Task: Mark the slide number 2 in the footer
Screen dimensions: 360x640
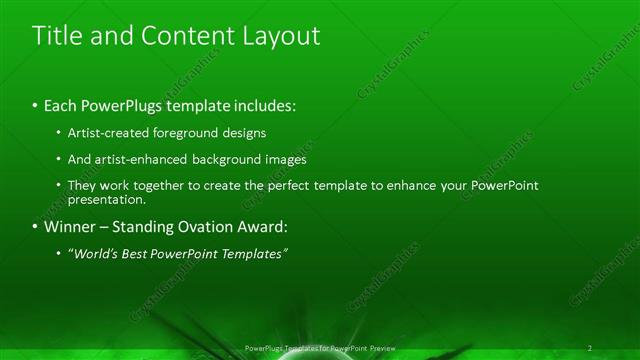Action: pyautogui.click(x=590, y=348)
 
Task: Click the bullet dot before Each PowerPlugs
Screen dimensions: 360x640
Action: pyautogui.click(x=35, y=105)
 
